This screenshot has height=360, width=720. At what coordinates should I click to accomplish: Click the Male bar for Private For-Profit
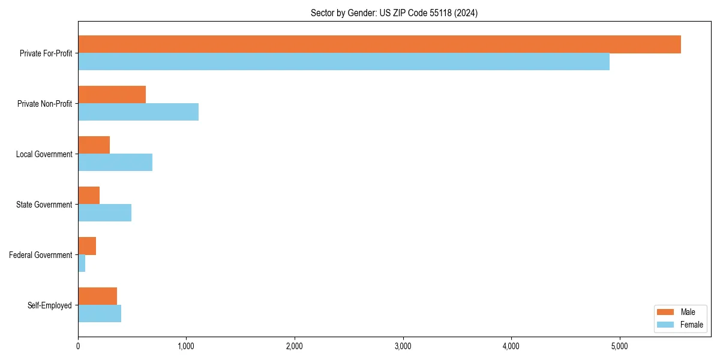[379, 44]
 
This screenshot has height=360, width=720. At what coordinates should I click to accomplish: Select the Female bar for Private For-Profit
[344, 62]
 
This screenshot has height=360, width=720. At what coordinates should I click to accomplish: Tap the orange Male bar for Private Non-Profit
[112, 95]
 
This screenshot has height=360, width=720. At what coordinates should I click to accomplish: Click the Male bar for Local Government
[94, 145]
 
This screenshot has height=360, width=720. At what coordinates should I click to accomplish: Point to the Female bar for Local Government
[115, 163]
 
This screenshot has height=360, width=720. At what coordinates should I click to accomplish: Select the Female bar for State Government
[104, 213]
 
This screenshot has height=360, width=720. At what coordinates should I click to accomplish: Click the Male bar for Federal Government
[87, 246]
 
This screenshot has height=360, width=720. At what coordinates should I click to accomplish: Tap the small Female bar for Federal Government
[82, 263]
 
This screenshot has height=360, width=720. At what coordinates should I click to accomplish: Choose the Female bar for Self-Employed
[100, 314]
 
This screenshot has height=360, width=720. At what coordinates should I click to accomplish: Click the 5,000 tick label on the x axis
[619, 346]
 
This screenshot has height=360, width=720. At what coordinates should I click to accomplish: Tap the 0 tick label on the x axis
[78, 346]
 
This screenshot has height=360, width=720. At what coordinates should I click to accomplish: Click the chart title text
[394, 13]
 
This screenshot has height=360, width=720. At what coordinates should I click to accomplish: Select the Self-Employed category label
[50, 305]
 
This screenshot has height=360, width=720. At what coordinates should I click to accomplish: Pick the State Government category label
[44, 205]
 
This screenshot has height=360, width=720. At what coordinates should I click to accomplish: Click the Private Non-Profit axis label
[44, 104]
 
